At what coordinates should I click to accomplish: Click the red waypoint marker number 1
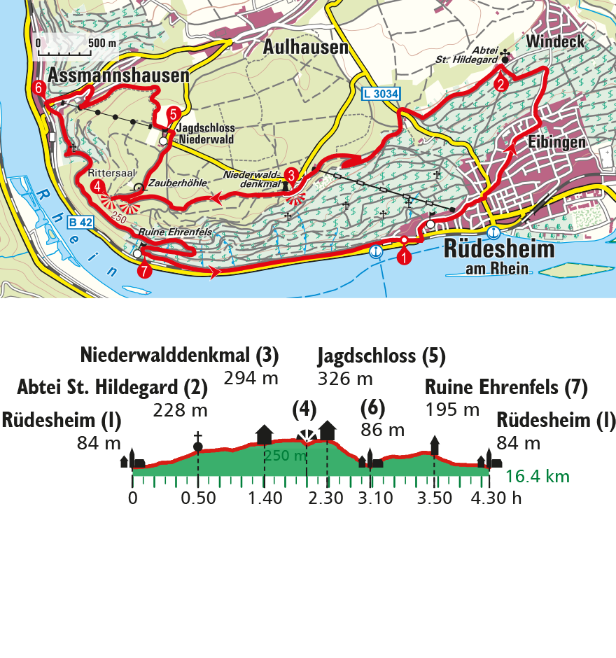click(405, 257)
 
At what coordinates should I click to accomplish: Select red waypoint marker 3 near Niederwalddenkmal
click(290, 176)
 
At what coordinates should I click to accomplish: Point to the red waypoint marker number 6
click(39, 88)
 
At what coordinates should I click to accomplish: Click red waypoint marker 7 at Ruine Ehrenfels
click(144, 271)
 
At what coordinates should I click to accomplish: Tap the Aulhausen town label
click(306, 48)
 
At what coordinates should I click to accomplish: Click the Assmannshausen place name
click(119, 75)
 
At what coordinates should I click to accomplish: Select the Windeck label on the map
click(555, 41)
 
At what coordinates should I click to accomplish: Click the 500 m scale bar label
click(102, 43)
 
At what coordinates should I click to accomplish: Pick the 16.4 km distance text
click(538, 477)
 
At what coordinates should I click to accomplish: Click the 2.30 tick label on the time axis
click(326, 498)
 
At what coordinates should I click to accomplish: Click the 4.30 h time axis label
click(497, 498)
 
